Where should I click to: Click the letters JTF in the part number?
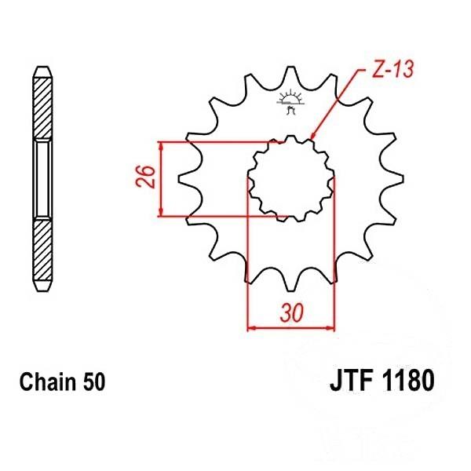coord(349,383)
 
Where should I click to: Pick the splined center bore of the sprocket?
coord(291,177)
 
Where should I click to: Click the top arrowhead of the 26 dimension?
coord(161,145)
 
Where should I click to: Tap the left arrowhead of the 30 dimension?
coord(251,327)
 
